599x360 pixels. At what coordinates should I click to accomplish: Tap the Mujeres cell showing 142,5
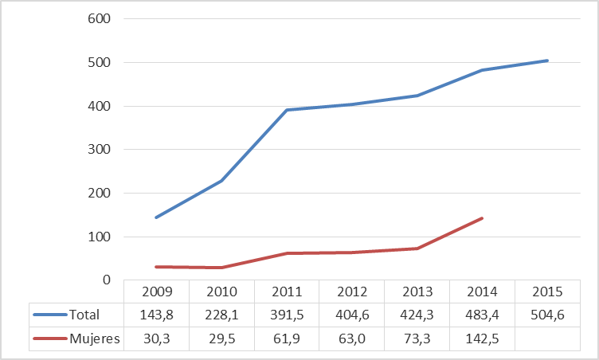tap(481, 338)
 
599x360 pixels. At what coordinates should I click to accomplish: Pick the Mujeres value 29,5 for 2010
tap(221, 338)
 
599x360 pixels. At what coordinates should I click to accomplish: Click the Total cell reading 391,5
tap(286, 315)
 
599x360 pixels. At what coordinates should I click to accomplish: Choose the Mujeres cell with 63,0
tap(351, 338)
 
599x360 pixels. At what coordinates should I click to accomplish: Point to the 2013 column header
tap(417, 292)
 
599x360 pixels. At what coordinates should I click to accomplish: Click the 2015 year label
tap(546, 292)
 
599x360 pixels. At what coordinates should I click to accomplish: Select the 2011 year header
tap(286, 292)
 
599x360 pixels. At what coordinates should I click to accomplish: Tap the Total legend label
tap(84, 315)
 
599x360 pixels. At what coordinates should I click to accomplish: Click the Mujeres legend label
tap(94, 338)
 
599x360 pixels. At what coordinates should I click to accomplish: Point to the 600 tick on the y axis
tap(98, 19)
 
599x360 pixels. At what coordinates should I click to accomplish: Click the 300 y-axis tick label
tap(98, 150)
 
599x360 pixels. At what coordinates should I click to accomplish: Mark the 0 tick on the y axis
tap(105, 280)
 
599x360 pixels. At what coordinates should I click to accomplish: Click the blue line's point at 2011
tap(286, 110)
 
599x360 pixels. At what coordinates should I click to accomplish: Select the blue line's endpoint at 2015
tap(546, 61)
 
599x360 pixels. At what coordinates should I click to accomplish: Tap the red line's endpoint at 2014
tap(481, 218)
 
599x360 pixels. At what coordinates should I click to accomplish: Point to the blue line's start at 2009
tap(156, 217)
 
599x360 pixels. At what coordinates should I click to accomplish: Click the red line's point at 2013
tap(417, 248)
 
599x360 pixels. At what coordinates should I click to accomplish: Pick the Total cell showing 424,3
tap(417, 315)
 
